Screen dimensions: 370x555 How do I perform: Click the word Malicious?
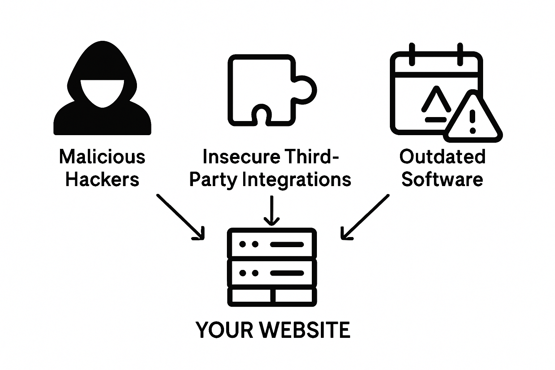coord(102,157)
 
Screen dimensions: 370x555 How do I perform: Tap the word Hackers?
coord(102,180)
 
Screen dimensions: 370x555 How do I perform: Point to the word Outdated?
coord(442,157)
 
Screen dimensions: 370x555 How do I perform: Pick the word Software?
coord(442,180)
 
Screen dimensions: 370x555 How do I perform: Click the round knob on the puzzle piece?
coord(306,90)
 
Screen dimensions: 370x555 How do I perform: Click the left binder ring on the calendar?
coord(412,54)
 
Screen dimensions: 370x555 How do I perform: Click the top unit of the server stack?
coord(272,244)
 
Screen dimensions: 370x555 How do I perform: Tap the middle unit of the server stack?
coord(272,273)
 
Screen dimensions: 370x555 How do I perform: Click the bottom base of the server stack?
coord(272,296)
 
